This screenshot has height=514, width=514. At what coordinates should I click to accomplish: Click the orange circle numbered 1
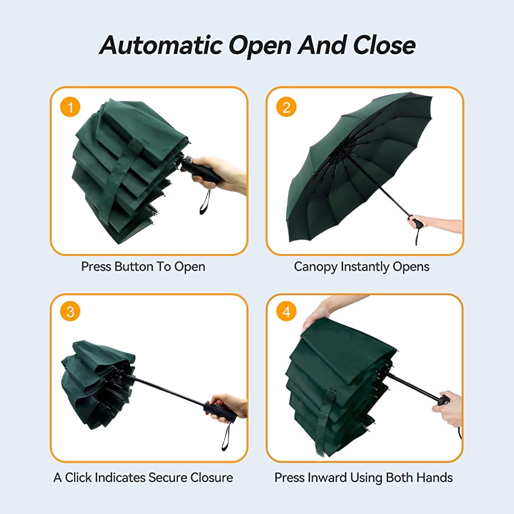(x=70, y=107)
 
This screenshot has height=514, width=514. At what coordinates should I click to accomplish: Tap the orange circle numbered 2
(x=286, y=107)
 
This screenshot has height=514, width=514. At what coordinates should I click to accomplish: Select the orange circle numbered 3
(x=70, y=312)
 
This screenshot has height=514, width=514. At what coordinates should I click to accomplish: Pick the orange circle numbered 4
(x=286, y=312)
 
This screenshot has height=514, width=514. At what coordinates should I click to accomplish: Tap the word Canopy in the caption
(x=316, y=267)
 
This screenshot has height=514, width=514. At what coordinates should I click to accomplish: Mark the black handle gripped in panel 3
(x=220, y=412)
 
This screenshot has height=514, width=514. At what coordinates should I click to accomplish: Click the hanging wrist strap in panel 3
(x=225, y=437)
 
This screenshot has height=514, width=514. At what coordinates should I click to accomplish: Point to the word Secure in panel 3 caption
(x=166, y=477)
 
